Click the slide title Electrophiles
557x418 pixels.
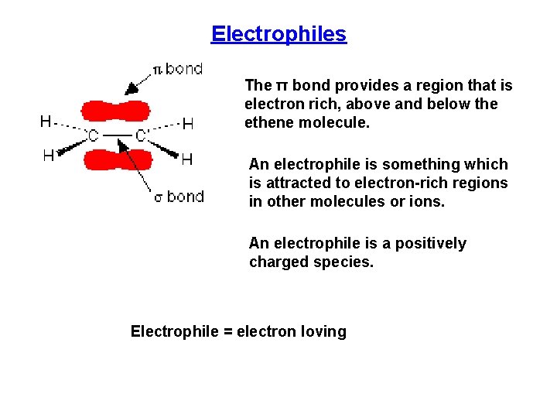(278, 34)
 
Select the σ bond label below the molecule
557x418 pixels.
(179, 197)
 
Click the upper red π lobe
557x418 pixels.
(116, 111)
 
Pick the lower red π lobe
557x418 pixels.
(117, 159)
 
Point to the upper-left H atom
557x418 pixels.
(46, 121)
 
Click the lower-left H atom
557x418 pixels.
(48, 156)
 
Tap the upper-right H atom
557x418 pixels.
(187, 123)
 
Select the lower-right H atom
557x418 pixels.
(186, 159)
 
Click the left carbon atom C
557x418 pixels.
(92, 137)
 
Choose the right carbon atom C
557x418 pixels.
(142, 137)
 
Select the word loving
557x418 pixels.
(323, 331)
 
